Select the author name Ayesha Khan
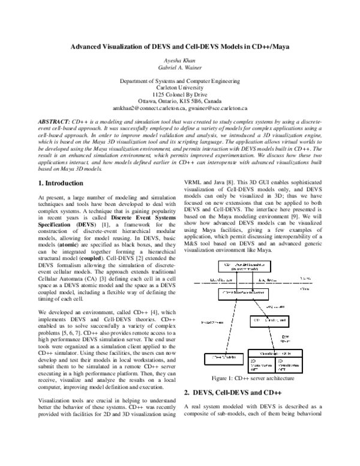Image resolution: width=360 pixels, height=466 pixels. click(180, 61)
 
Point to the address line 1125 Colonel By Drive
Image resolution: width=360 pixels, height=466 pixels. click(180, 95)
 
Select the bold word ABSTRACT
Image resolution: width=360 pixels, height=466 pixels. click(53, 121)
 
